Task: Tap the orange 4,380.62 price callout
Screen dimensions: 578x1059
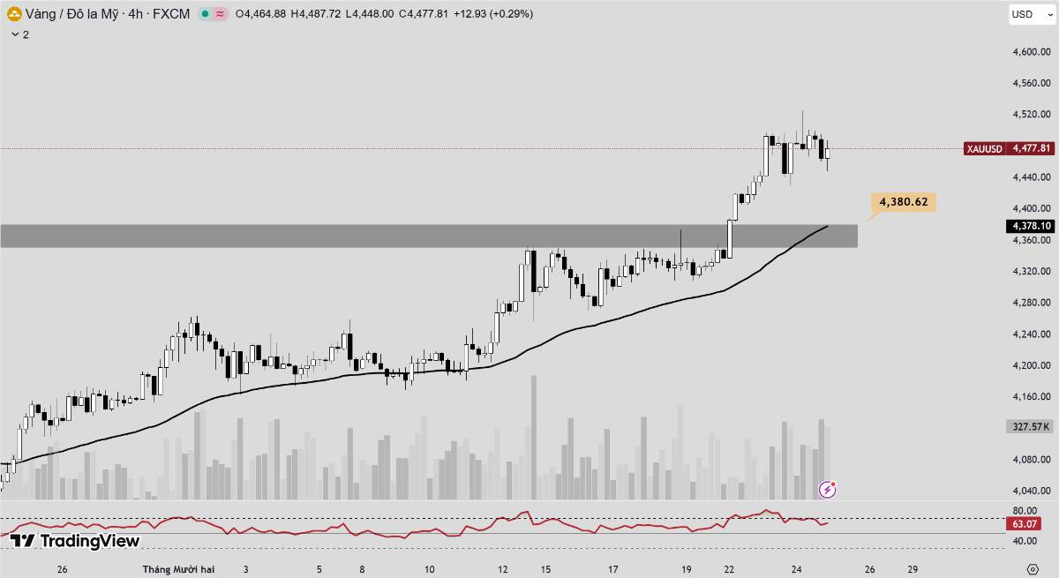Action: pos(903,202)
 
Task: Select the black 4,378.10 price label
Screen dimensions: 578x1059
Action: pos(1030,226)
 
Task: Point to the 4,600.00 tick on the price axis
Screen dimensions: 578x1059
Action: pos(1031,52)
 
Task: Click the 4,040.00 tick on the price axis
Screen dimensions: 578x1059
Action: pos(1031,491)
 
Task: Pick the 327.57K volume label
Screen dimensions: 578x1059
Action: pos(1029,426)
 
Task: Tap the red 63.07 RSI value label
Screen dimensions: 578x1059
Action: pos(1027,524)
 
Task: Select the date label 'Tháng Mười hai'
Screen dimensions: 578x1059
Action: pos(178,569)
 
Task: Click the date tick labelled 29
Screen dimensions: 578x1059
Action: pos(913,569)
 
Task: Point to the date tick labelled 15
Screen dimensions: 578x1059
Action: pos(546,569)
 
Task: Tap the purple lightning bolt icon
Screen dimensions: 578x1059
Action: pos(828,489)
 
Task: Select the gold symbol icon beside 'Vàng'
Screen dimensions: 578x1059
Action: pos(14,14)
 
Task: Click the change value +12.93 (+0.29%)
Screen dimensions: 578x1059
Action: pos(492,14)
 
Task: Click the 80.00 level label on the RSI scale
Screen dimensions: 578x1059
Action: pos(1025,511)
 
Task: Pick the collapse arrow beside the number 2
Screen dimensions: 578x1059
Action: pos(15,34)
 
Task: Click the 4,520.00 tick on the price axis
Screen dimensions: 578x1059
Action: pos(1031,115)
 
